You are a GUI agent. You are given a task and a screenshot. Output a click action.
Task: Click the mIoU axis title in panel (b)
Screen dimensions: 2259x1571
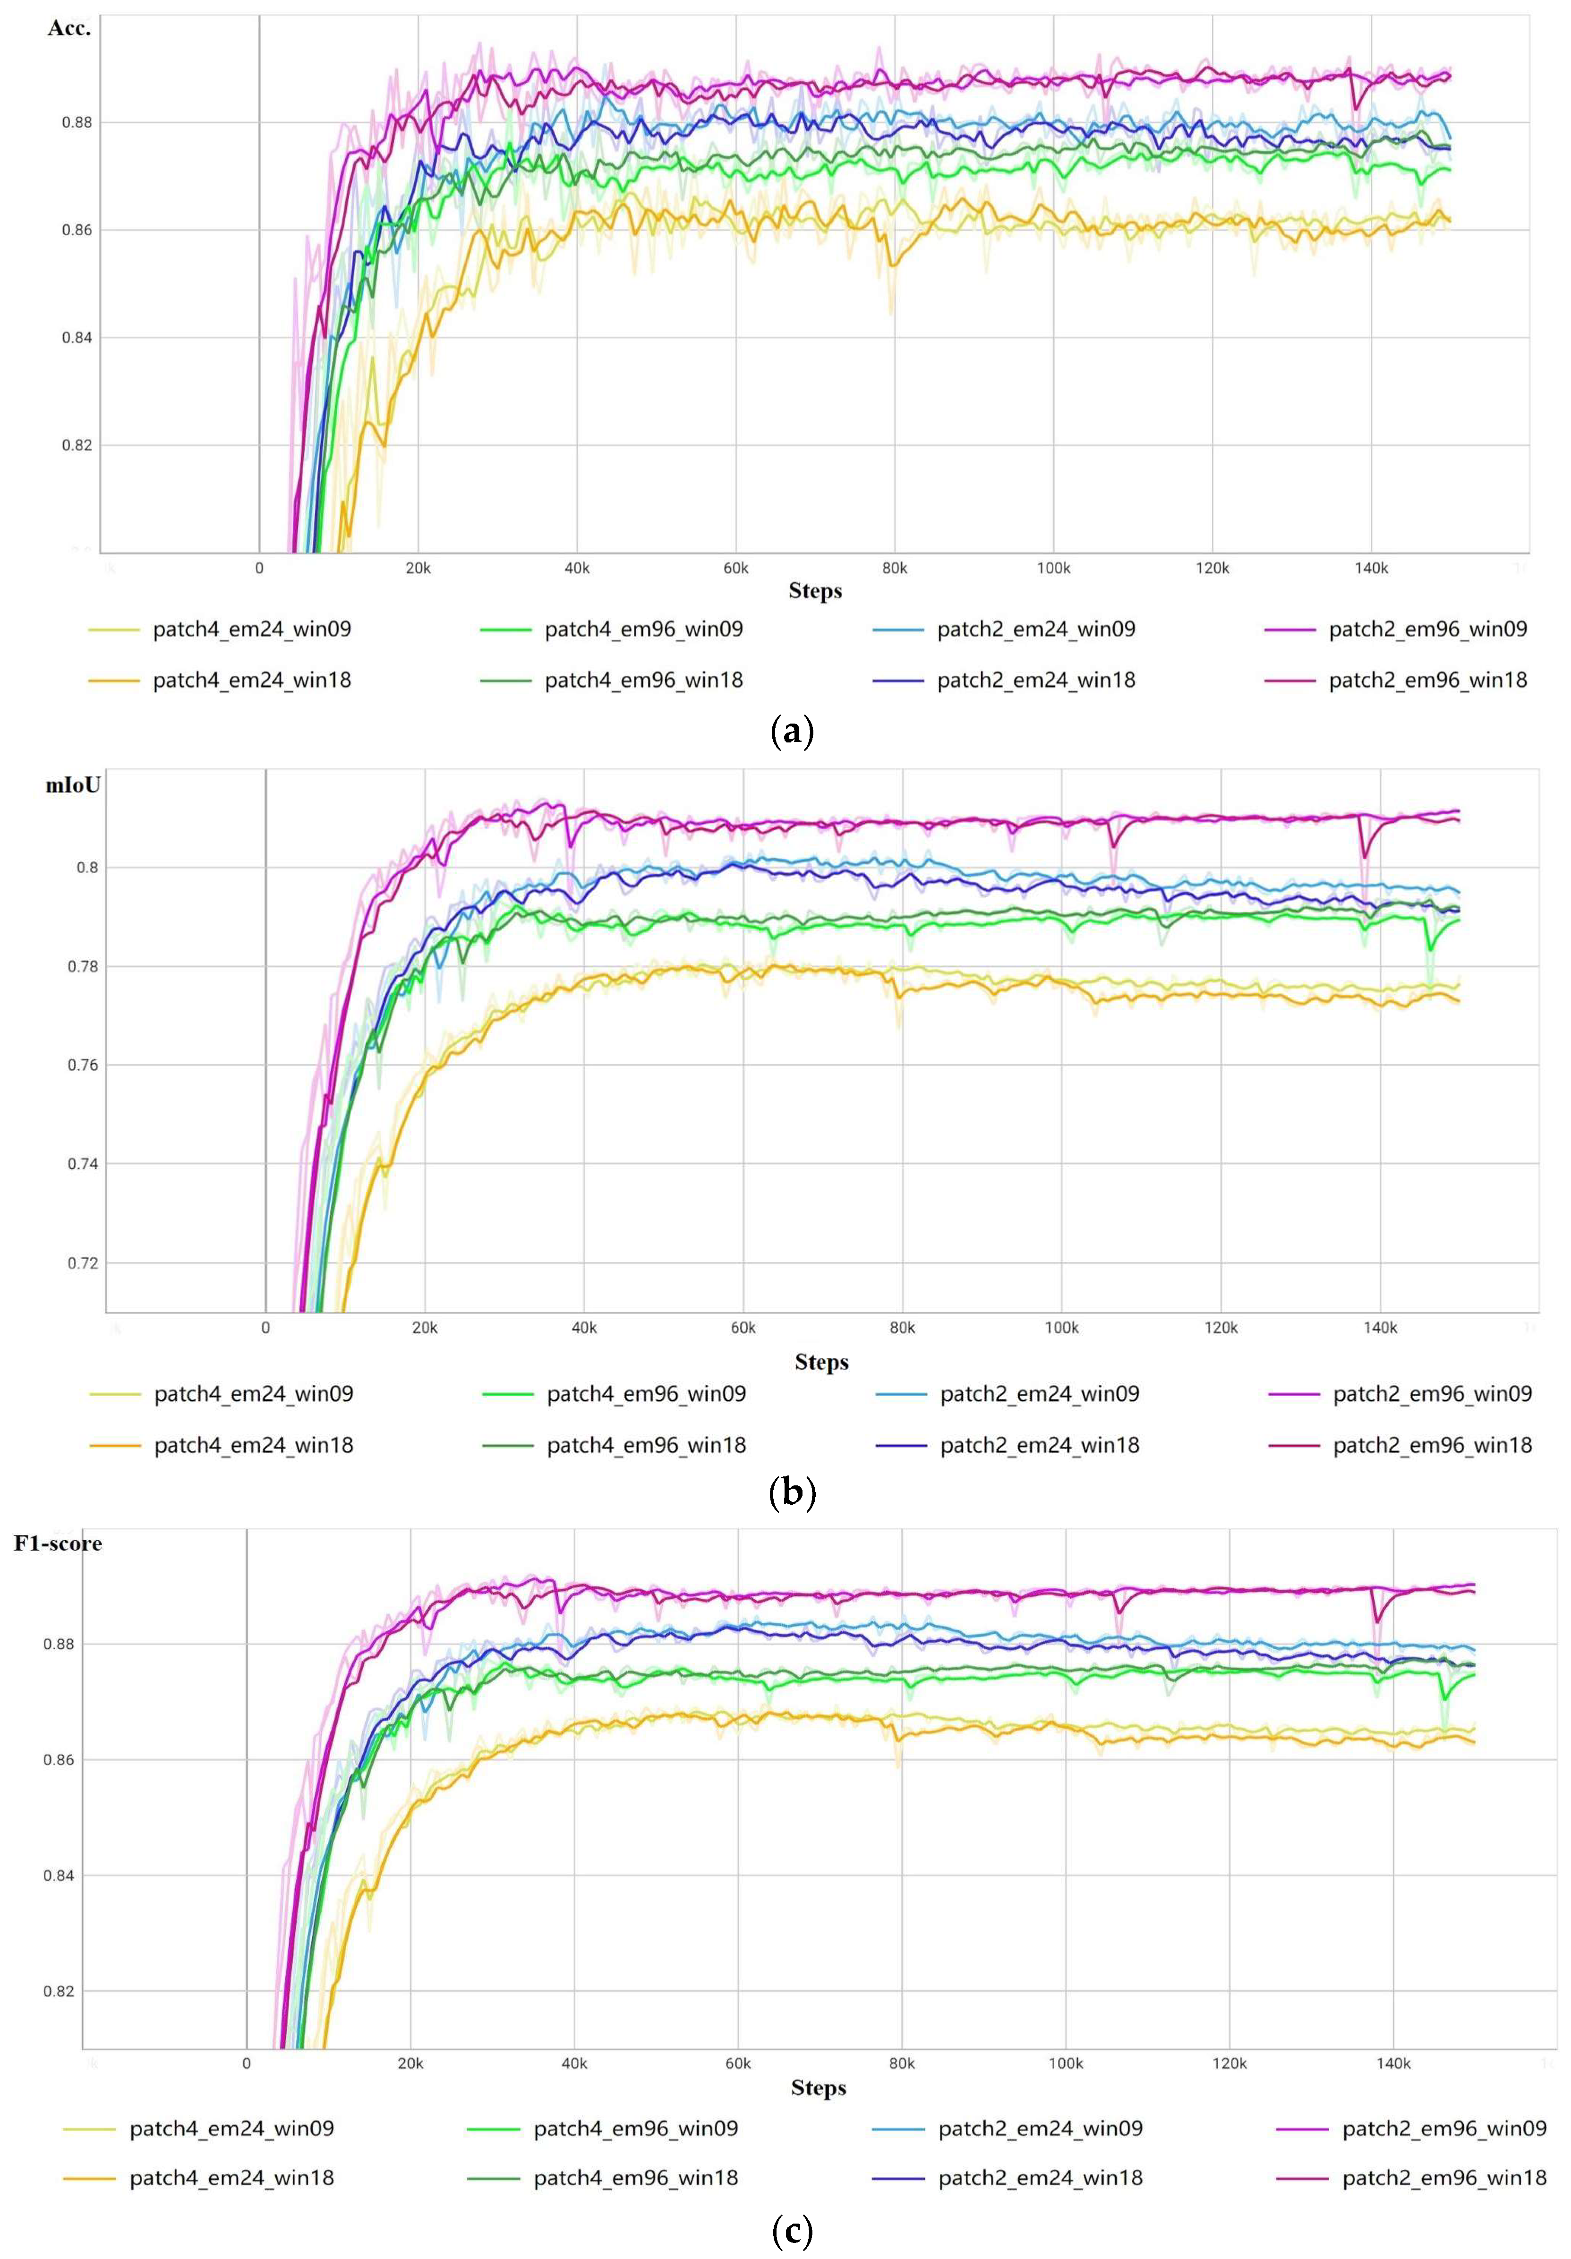pyautogui.click(x=73, y=785)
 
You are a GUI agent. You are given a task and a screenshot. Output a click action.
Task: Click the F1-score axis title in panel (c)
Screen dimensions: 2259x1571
pyautogui.click(x=58, y=1543)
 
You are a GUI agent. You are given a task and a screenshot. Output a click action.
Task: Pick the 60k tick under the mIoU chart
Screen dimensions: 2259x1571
pyautogui.click(x=743, y=1327)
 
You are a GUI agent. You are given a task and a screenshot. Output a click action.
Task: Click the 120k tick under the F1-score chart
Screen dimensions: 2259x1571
pyautogui.click(x=1229, y=2063)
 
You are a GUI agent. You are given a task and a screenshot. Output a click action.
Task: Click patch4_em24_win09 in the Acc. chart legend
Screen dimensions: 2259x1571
pyautogui.click(x=252, y=629)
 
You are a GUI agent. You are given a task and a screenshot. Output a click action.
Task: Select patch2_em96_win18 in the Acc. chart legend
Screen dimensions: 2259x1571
pyautogui.click(x=1427, y=680)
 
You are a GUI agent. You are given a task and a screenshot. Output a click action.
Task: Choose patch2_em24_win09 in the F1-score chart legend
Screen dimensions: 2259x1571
pyautogui.click(x=1040, y=2128)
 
